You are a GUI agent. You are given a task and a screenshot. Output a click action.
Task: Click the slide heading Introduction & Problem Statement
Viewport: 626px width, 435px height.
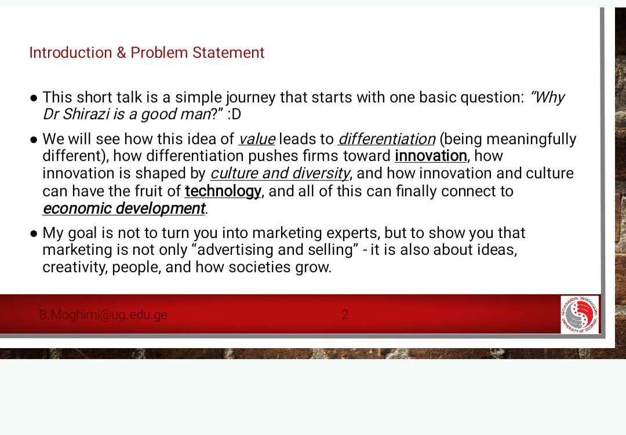(147, 53)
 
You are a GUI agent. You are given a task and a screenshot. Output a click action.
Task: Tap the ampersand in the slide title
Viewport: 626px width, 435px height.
(121, 53)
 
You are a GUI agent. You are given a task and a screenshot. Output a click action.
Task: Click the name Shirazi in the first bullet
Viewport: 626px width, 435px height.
(86, 114)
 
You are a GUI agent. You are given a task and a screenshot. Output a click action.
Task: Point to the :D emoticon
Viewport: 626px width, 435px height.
(234, 114)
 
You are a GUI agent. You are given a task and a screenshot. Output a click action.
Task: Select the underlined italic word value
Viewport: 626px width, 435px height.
(257, 139)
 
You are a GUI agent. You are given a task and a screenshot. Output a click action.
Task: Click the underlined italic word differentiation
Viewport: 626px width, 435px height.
(387, 139)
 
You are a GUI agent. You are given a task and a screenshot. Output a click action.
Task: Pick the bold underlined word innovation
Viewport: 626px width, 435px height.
(431, 156)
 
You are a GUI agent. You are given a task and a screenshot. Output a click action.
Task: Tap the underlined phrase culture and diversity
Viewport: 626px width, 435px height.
(280, 174)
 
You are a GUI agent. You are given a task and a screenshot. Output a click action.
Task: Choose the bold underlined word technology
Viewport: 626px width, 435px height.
(223, 191)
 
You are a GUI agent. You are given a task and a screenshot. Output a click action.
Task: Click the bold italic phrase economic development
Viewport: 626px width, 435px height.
(124, 209)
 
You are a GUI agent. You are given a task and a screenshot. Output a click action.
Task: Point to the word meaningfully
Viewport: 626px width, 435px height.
(532, 139)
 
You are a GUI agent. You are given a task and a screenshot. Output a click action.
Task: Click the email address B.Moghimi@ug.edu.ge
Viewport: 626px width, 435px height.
(103, 315)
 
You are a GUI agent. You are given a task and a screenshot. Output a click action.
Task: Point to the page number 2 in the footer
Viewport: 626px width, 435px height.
(345, 315)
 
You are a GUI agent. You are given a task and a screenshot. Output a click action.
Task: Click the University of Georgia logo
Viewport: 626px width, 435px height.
(580, 315)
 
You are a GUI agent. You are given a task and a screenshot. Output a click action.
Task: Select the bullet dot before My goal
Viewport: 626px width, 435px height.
(34, 233)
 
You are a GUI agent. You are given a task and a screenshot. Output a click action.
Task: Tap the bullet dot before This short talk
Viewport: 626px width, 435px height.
(34, 98)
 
